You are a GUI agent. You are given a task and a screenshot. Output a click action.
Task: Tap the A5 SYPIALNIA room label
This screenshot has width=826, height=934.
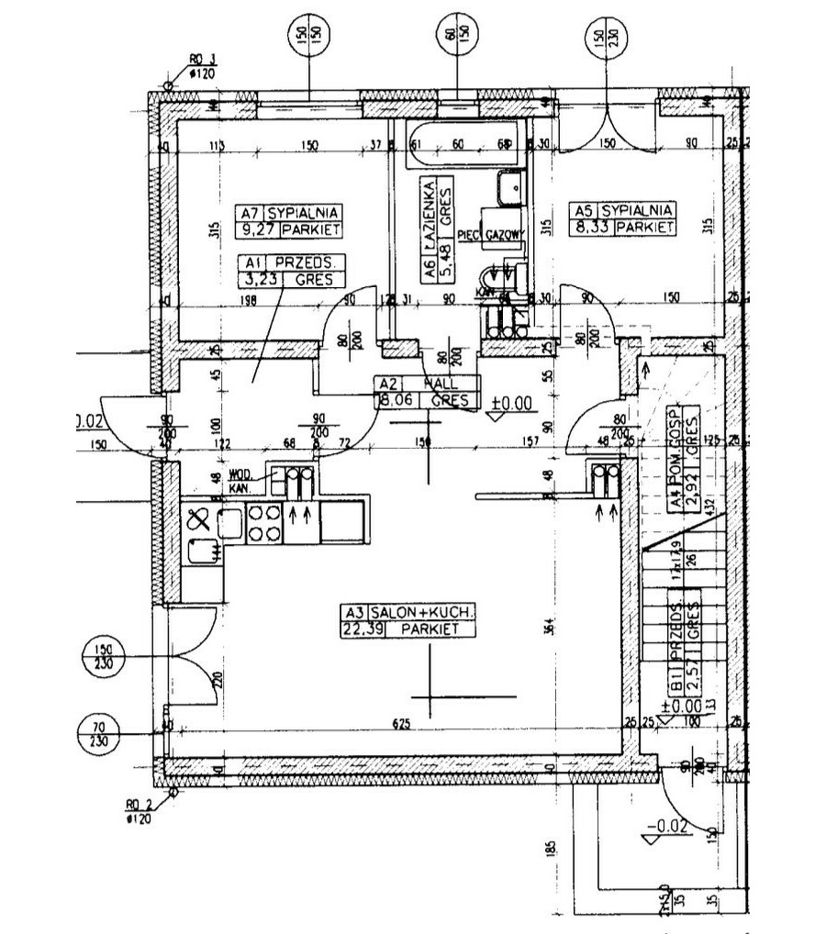[624, 209]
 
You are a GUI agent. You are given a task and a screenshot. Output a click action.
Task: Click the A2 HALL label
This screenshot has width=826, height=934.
[427, 384]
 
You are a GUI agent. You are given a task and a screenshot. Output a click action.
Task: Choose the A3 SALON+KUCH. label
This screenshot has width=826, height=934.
[409, 612]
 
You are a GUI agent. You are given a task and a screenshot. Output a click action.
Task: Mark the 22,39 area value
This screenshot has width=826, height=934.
[362, 628]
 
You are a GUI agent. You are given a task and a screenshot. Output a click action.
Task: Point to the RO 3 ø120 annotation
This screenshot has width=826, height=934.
[199, 65]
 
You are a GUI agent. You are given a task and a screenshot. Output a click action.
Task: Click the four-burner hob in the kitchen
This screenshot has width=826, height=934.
[265, 522]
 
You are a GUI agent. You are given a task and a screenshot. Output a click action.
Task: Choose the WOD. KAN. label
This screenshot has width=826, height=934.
[240, 481]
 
